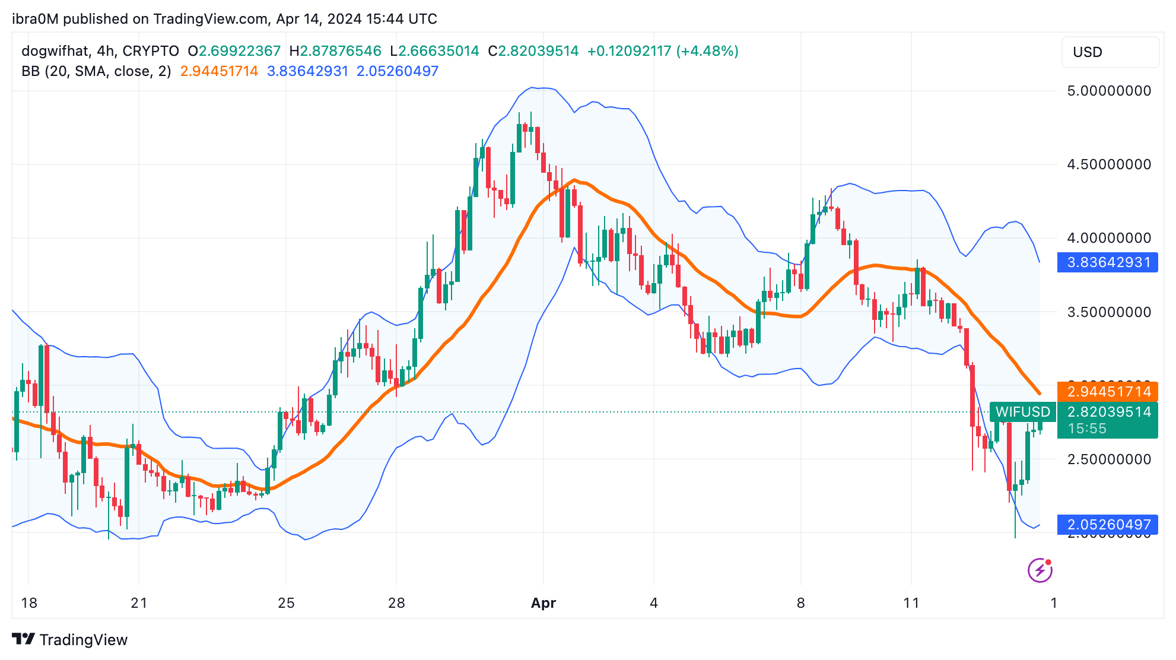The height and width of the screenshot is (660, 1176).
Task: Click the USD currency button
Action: point(1109,52)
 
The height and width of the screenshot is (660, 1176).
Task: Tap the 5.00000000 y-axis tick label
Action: point(1108,91)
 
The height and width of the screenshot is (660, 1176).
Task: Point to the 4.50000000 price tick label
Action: point(1108,164)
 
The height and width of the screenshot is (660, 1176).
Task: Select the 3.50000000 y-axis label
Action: point(1108,312)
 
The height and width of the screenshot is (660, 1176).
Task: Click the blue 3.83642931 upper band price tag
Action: point(1107,262)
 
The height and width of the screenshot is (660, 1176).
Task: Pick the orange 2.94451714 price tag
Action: point(1107,392)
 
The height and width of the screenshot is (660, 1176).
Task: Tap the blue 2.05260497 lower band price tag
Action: point(1107,525)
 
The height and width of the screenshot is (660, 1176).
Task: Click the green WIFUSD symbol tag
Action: point(1022,412)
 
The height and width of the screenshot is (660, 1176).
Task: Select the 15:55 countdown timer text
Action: point(1087,429)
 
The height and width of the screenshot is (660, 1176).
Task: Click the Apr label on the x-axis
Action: point(543,603)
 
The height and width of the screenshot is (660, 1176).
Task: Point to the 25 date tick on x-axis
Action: point(286,603)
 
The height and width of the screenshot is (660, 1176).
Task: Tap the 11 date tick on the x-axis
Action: point(911,603)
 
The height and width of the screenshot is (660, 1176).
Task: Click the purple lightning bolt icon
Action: point(1040,570)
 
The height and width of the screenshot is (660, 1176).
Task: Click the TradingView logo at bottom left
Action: point(70,639)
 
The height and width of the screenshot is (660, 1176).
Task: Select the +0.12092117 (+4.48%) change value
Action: point(662,51)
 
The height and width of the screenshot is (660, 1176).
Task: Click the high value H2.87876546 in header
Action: point(335,51)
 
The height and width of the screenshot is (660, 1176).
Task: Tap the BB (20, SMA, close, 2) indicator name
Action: point(96,71)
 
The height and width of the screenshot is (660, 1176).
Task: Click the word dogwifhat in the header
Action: point(55,51)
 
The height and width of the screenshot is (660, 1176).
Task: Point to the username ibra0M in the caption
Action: point(35,19)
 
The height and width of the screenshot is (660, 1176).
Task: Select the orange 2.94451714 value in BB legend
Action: point(219,71)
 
